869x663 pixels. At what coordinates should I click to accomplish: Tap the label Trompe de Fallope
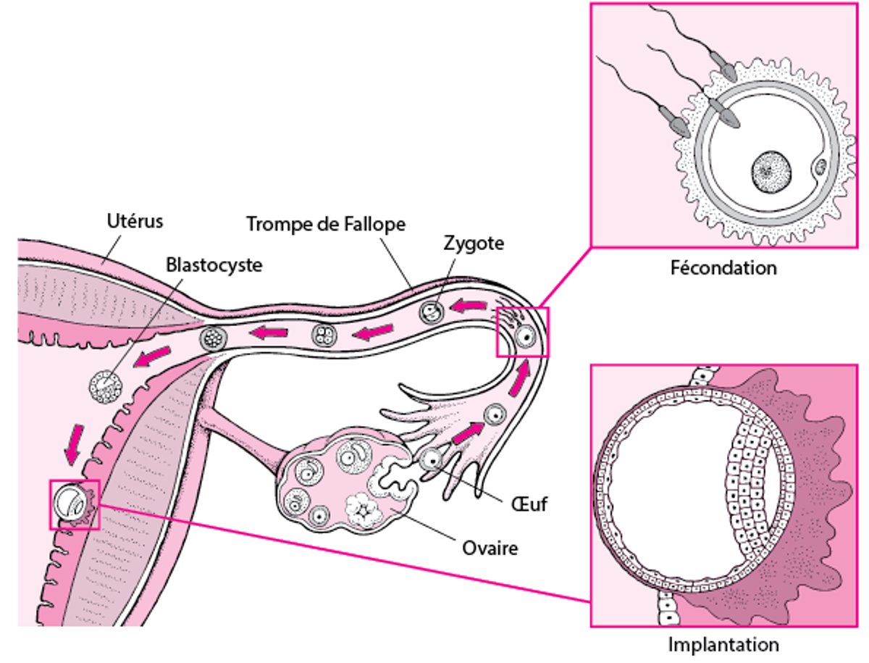pos(325,224)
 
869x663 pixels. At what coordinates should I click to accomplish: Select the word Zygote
pos(474,243)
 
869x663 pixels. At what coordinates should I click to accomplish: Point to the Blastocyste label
pos(214,264)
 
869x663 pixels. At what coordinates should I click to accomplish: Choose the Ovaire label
pos(490,548)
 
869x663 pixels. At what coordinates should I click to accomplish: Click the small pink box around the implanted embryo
pos(74,504)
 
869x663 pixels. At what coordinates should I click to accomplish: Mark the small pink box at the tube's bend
pos(522,332)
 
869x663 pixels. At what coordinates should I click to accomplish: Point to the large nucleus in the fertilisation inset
pos(771,172)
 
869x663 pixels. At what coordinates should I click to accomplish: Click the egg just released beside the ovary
pos(432,459)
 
